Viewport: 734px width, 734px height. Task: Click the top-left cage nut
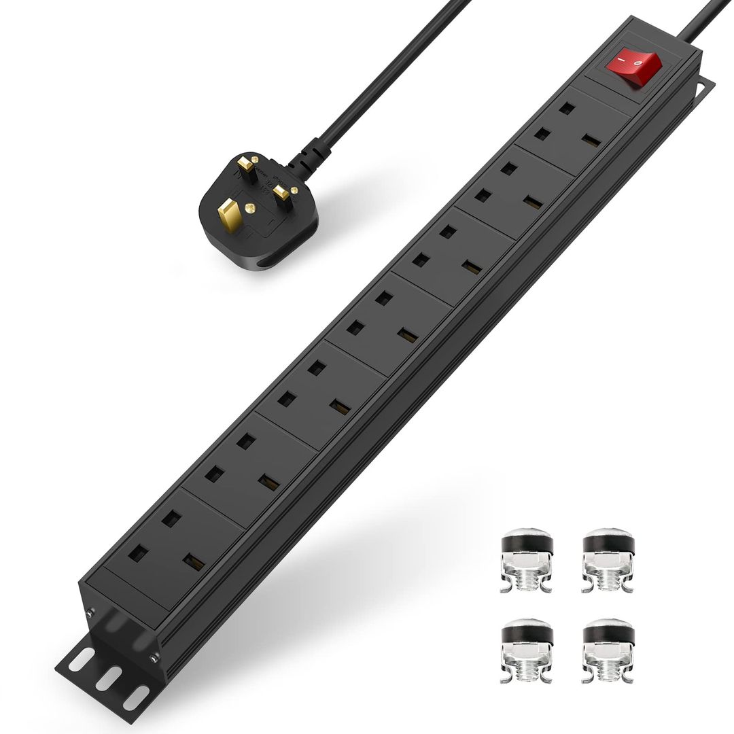(x=527, y=560)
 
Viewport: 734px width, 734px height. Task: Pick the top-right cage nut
(x=608, y=560)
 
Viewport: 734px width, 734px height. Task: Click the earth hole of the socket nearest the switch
(x=563, y=108)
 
